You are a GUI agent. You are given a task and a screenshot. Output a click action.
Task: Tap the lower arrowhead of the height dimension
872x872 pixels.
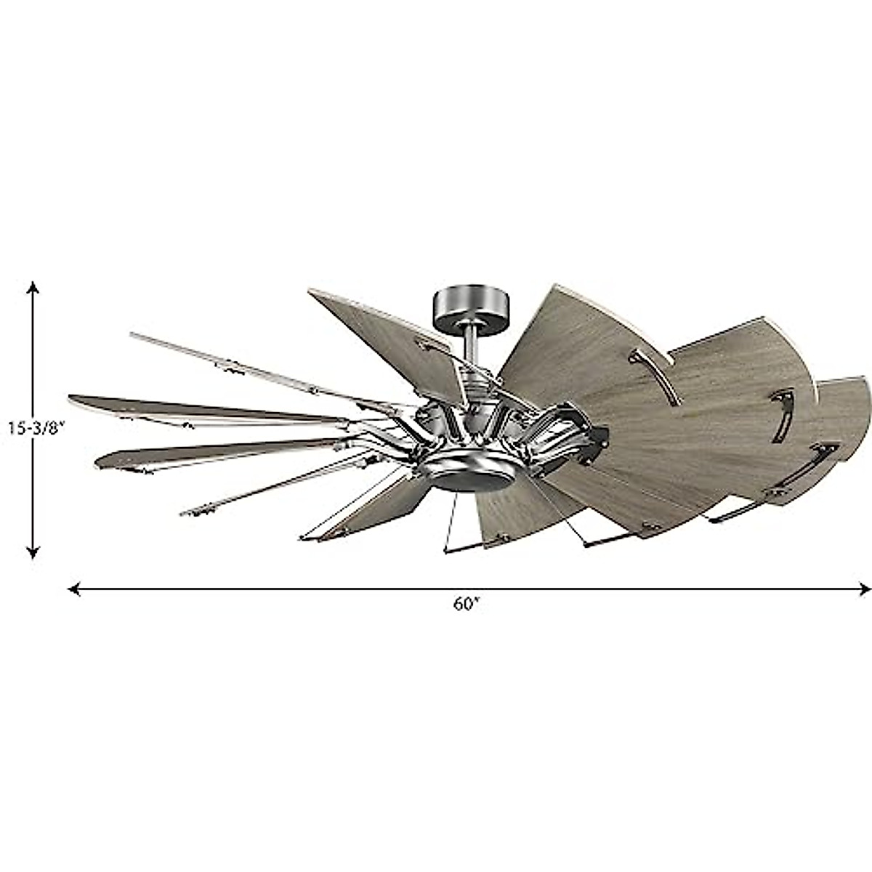point(33,553)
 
